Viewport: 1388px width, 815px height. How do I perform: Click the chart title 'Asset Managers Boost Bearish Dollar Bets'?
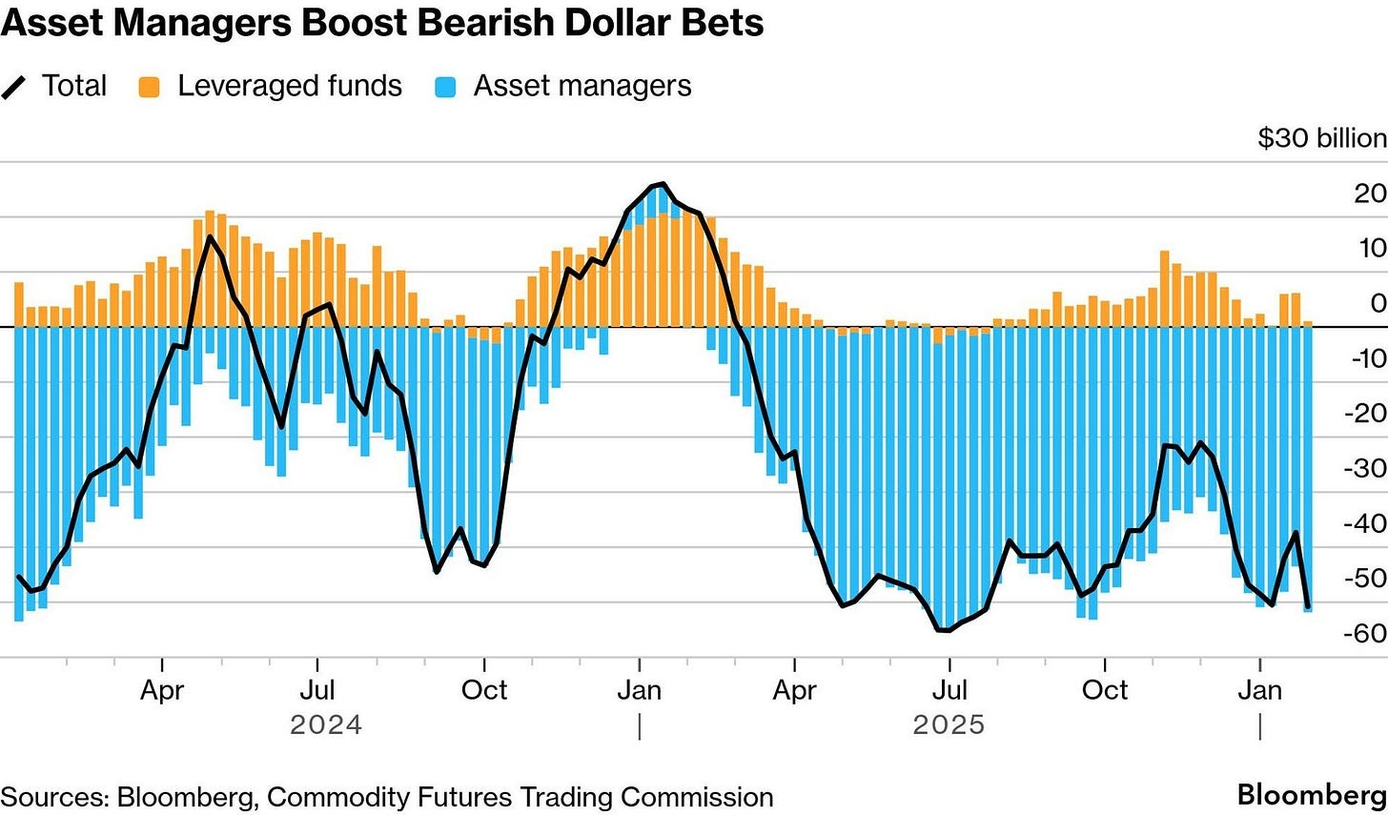click(381, 23)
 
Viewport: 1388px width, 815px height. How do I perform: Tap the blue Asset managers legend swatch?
click(444, 87)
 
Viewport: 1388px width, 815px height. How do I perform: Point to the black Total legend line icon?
click(14, 87)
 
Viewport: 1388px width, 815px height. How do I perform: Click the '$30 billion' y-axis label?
click(1321, 138)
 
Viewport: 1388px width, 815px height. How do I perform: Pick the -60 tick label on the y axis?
click(1364, 633)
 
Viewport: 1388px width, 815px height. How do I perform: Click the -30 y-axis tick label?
click(1364, 468)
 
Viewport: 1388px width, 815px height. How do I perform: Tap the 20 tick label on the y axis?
click(1370, 194)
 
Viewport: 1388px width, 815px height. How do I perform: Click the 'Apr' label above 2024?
click(162, 689)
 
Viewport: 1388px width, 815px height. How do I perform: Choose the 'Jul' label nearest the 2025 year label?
click(949, 689)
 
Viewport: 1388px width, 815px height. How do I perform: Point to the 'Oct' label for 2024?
click(484, 689)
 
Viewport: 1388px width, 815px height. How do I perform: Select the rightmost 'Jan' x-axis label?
click(1259, 689)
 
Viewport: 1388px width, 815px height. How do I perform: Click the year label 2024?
click(326, 725)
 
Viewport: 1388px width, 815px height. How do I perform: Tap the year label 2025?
click(949, 725)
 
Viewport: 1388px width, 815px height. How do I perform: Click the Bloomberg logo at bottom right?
click(1312, 795)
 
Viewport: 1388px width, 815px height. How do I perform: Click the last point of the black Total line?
click(1308, 606)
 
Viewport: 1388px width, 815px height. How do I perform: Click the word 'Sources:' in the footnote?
click(54, 797)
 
